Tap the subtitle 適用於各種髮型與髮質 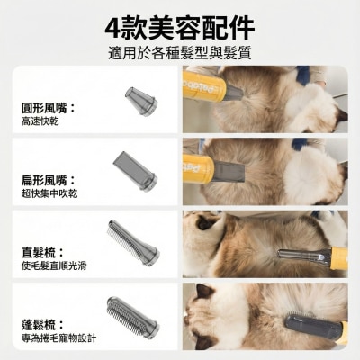point(179,50)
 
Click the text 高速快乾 point(40,121)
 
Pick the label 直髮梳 point(41,253)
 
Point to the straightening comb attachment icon point(134,240)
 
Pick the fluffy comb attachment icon point(132,314)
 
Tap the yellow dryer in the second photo point(199,167)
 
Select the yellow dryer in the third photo point(337,258)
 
